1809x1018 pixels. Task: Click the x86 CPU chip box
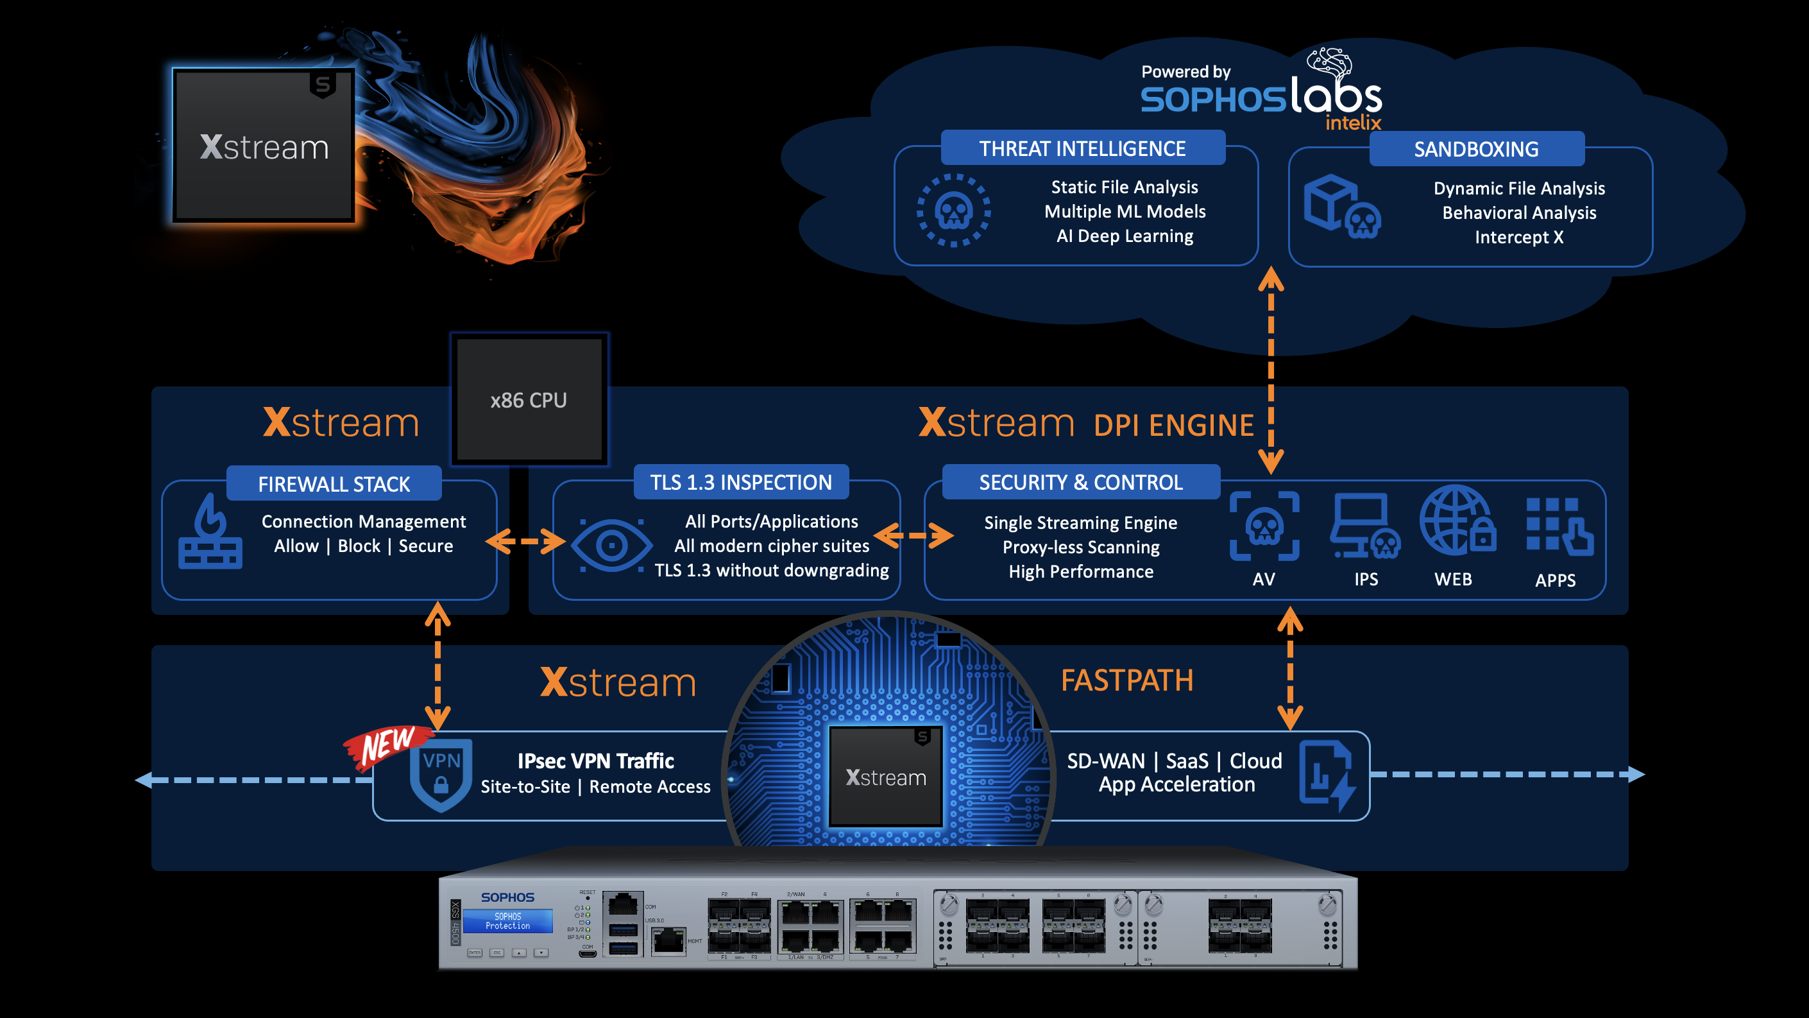click(x=529, y=400)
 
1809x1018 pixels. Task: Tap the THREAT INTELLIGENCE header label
click(x=1082, y=148)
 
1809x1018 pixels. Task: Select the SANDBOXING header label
click(x=1476, y=149)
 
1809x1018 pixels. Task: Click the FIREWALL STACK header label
click(x=334, y=484)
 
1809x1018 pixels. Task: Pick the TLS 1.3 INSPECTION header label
click(x=741, y=483)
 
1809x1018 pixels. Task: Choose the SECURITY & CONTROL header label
click(x=1081, y=483)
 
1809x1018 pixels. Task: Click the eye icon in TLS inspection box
click(x=611, y=545)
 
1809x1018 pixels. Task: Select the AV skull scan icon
click(x=1264, y=526)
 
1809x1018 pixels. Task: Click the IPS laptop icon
click(x=1364, y=528)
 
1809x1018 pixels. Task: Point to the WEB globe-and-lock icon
click(x=1456, y=521)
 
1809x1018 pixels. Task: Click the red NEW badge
click(x=387, y=745)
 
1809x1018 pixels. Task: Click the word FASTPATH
click(x=1126, y=680)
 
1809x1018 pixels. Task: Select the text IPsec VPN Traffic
click(x=595, y=761)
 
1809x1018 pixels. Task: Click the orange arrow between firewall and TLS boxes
click(x=525, y=541)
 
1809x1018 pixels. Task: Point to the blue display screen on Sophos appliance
click(x=507, y=921)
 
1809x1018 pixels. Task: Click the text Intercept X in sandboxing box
click(x=1519, y=237)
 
